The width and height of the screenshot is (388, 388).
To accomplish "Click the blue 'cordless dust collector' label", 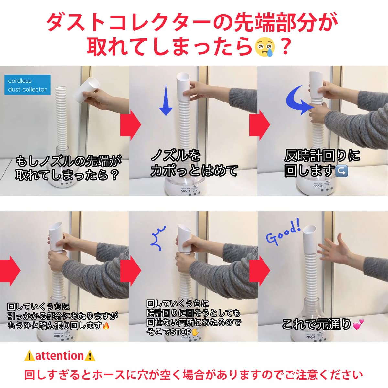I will [x=27, y=85].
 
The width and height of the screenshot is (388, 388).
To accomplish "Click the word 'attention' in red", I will [x=59, y=356].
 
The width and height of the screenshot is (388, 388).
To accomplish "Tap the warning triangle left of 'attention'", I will [x=29, y=356].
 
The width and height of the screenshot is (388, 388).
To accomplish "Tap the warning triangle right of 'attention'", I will [x=90, y=356].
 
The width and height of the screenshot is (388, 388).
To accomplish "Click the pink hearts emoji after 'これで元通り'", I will [x=358, y=324].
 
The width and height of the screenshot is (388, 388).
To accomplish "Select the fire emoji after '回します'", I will [x=106, y=326].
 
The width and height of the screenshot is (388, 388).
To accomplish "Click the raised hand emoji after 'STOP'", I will [x=194, y=332].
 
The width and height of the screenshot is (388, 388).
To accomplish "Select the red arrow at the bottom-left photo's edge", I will [x=10, y=270].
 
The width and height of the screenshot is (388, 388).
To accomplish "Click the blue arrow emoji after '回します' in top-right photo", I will [x=342, y=171].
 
